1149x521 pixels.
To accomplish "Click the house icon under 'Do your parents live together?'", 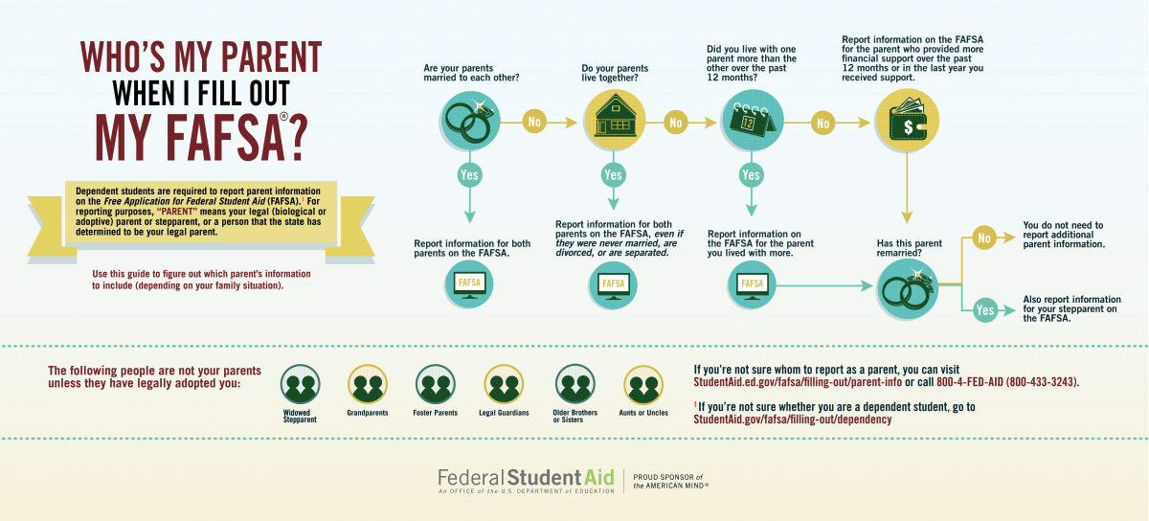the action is tap(615, 121).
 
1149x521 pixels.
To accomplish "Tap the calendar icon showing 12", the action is tap(753, 120).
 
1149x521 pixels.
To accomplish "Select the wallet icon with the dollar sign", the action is tap(907, 121).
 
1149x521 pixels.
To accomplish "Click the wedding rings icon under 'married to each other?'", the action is tap(470, 121).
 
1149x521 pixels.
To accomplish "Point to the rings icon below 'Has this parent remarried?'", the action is tap(908, 289).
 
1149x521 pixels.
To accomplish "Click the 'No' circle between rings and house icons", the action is tap(534, 122).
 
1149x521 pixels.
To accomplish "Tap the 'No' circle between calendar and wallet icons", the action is tap(822, 124).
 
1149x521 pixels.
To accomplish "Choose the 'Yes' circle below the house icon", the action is tap(613, 175).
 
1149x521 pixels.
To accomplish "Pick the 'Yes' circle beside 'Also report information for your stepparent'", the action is tap(985, 310).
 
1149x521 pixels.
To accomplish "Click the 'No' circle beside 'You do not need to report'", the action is tap(984, 238).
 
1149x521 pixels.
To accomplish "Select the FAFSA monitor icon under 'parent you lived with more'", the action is tap(752, 284).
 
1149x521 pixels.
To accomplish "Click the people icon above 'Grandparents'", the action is tap(368, 384).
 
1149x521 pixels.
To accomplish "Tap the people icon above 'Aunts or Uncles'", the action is tap(643, 385).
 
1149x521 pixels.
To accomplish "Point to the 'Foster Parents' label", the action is tap(435, 413).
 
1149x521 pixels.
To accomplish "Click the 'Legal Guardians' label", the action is tap(504, 413).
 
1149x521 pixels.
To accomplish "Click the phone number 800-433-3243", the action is tap(1042, 382).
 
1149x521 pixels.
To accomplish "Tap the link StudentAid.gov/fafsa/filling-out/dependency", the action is tap(793, 419).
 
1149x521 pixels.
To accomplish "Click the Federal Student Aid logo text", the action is tap(526, 478).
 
